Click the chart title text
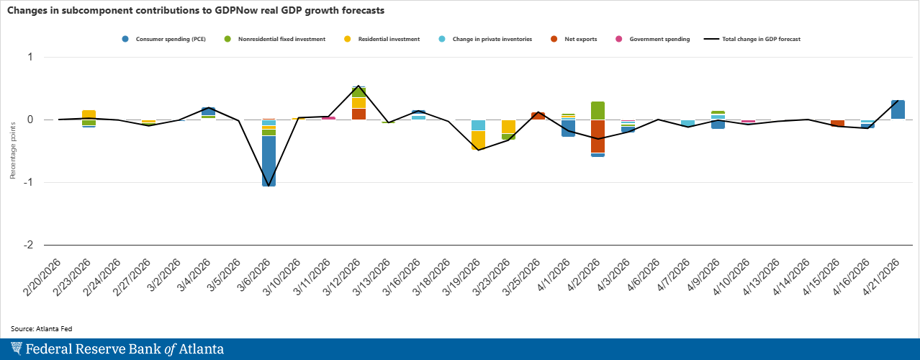195,11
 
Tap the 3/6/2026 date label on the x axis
257,281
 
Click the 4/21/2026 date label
886,281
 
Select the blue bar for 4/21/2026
898,109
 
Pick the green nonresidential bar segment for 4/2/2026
597,110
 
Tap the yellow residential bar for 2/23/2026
89,114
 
